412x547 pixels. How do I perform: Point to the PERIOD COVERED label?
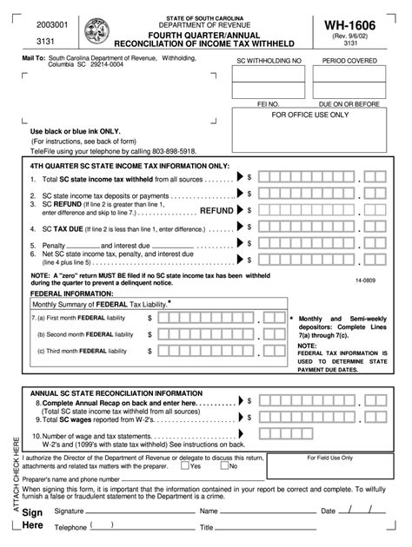coord(349,63)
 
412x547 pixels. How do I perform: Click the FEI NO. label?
coord(268,102)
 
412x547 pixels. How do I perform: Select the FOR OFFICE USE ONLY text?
coord(310,115)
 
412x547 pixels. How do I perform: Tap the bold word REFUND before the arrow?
coord(216,210)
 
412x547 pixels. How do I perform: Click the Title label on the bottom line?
coord(206,528)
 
